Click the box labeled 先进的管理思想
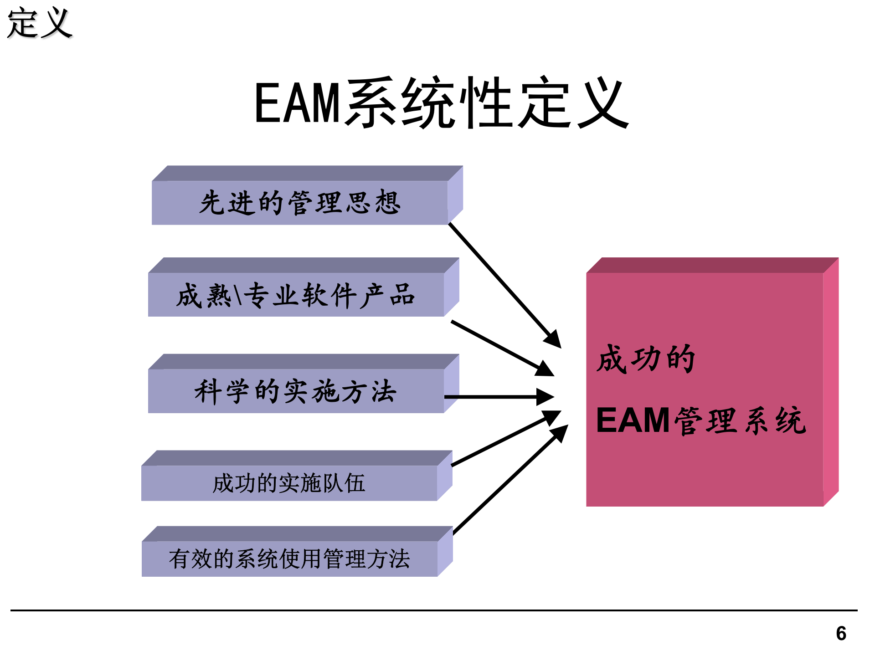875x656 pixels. click(x=299, y=203)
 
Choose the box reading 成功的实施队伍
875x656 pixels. click(x=289, y=483)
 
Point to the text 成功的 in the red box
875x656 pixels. click(x=646, y=359)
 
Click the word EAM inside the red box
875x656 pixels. click(x=633, y=420)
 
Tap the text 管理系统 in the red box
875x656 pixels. click(x=740, y=420)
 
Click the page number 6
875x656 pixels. click(x=841, y=634)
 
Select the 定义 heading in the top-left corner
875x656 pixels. click(x=40, y=23)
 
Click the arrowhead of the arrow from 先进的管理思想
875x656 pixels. click(x=553, y=339)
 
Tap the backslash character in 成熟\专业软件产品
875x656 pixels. click(x=237, y=295)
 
